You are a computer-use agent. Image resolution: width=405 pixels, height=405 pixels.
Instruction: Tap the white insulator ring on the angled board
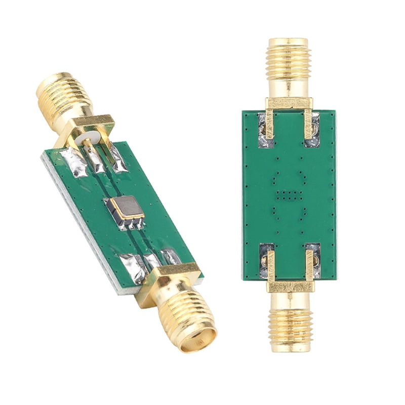(x=92, y=137)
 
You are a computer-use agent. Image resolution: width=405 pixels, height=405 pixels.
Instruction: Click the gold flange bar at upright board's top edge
(x=289, y=103)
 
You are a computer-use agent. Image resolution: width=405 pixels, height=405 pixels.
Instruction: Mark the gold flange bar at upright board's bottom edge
(x=290, y=287)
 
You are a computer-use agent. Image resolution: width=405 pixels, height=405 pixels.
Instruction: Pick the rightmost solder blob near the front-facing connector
(x=171, y=256)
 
